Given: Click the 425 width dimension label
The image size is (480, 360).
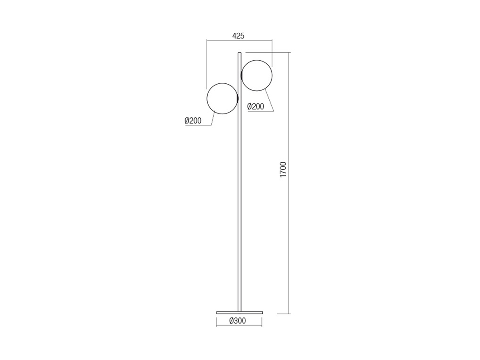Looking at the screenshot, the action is (x=238, y=36).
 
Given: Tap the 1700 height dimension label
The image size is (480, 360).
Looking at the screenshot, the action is (x=283, y=170).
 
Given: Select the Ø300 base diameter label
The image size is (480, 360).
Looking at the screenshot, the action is (x=237, y=321).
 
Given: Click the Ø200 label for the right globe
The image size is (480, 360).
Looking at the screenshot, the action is (x=255, y=106).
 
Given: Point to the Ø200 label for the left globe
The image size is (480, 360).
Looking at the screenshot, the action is (x=193, y=120).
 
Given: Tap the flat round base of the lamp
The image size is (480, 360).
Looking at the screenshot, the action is (x=240, y=312).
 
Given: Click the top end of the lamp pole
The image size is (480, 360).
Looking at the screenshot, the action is (x=240, y=53).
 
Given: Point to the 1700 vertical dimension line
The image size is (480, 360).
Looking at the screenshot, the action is (x=288, y=183).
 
